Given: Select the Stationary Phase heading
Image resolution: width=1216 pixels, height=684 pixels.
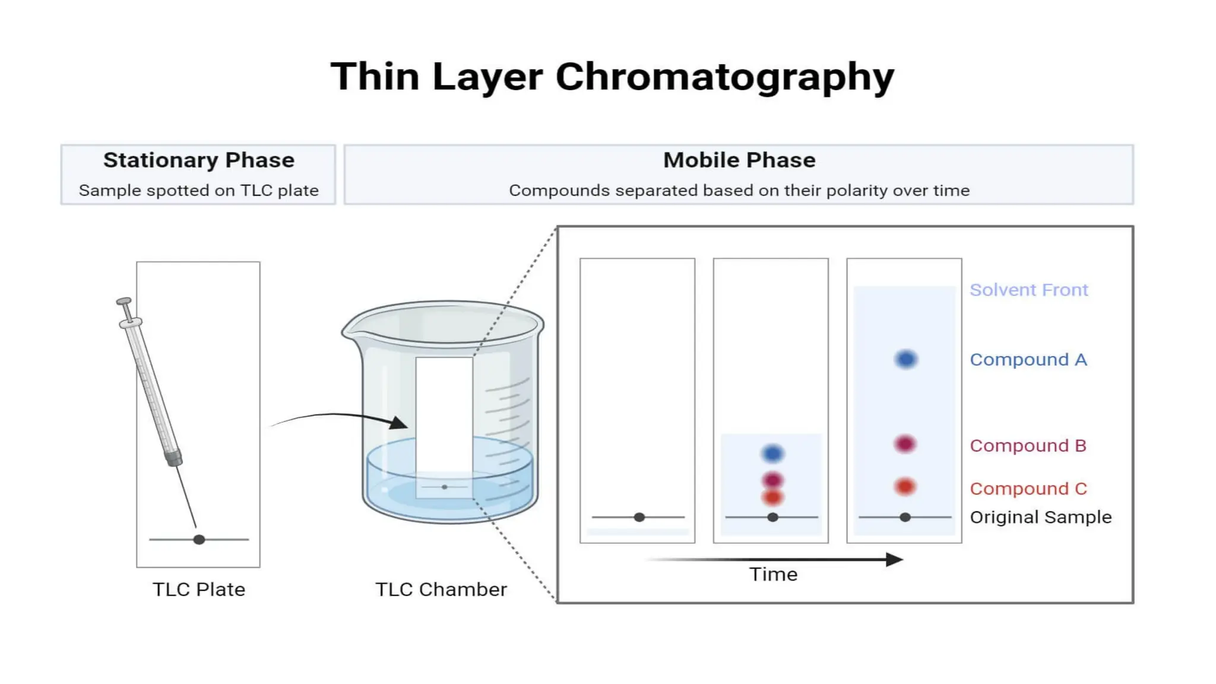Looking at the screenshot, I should (198, 160).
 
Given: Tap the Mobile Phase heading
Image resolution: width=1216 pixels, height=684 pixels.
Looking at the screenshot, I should (739, 160).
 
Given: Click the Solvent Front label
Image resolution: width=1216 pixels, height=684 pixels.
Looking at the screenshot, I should (1028, 290).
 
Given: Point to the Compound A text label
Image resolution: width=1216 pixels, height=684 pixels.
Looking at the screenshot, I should (1028, 360).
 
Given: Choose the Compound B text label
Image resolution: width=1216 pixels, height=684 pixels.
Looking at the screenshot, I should (1028, 445).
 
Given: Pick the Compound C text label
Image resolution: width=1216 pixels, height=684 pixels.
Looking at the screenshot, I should (1028, 489).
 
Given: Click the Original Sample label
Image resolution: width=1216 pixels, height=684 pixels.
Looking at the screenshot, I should (1040, 517).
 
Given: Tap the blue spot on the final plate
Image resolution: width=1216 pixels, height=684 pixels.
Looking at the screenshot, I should (905, 359).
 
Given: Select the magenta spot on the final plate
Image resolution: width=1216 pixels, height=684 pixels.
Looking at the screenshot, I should (905, 444).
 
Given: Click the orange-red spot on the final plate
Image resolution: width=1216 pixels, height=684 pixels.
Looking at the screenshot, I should (905, 487).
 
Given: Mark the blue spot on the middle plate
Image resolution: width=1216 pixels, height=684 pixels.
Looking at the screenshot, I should (772, 454).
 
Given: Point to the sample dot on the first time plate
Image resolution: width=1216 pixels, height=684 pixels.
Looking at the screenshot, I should (639, 517).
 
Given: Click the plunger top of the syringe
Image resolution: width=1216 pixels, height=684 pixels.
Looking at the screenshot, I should (123, 302).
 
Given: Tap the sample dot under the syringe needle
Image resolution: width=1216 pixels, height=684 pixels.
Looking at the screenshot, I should (199, 539).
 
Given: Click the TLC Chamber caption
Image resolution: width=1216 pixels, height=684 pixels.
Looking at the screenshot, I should (441, 590).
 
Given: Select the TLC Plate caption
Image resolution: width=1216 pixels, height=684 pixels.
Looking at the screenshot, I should (198, 590).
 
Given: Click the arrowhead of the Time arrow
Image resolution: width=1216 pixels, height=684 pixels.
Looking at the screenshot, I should (894, 559).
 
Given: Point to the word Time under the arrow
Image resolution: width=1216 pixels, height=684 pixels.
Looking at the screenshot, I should (772, 574).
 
